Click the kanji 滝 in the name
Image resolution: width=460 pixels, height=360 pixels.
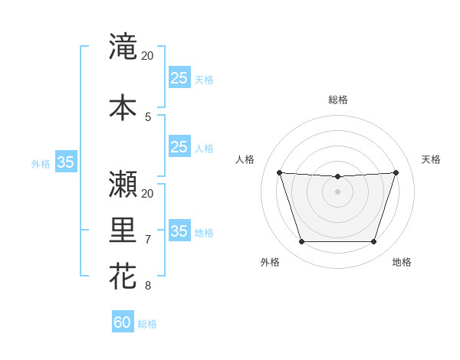[123, 47]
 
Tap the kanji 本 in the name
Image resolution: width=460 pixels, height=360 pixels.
[123, 107]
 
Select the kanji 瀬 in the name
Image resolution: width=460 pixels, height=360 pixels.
[123, 184]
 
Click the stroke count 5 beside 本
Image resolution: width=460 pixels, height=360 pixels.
[148, 116]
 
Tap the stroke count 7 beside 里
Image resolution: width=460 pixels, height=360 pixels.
[148, 240]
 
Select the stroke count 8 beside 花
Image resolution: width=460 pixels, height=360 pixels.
[148, 286]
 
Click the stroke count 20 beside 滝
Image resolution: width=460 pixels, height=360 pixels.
[148, 56]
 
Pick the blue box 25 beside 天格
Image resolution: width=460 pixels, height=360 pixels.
[179, 77]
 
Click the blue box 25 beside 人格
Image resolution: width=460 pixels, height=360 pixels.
[179, 147]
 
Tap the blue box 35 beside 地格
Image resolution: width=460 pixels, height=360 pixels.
[179, 231]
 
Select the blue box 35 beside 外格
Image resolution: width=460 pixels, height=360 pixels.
[66, 162]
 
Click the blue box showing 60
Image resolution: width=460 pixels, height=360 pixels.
[123, 322]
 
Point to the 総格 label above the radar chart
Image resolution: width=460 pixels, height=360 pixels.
[337, 100]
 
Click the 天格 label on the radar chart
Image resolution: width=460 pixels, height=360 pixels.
[432, 159]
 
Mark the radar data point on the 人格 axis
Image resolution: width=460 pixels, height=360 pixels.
[279, 172]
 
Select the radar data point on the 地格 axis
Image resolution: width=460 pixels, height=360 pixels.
[373, 242]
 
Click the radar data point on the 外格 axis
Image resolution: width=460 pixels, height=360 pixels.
[301, 242]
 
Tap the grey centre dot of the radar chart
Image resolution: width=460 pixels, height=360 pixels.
[337, 191]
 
